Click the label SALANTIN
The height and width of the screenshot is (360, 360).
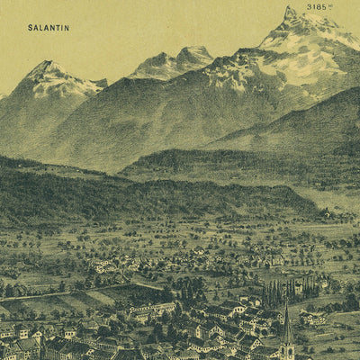click(49, 28)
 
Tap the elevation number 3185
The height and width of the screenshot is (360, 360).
click(316, 7)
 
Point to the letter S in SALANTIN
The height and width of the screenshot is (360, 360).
click(31, 28)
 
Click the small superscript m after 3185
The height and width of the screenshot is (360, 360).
click(330, 5)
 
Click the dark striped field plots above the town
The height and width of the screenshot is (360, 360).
click(126, 293)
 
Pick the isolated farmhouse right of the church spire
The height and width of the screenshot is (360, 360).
click(314, 317)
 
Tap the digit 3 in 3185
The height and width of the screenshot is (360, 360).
click(309, 7)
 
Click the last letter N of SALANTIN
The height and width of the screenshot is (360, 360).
click(66, 28)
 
